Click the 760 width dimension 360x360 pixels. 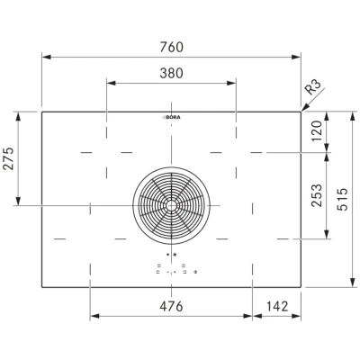(171, 47)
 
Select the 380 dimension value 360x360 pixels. (171, 73)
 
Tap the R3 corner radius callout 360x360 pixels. (313, 87)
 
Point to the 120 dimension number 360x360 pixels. (316, 130)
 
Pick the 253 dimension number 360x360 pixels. (317, 195)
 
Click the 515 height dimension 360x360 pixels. (342, 199)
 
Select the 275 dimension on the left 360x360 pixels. (9, 158)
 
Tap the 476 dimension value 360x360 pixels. (171, 306)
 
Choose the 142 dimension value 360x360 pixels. (277, 306)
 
